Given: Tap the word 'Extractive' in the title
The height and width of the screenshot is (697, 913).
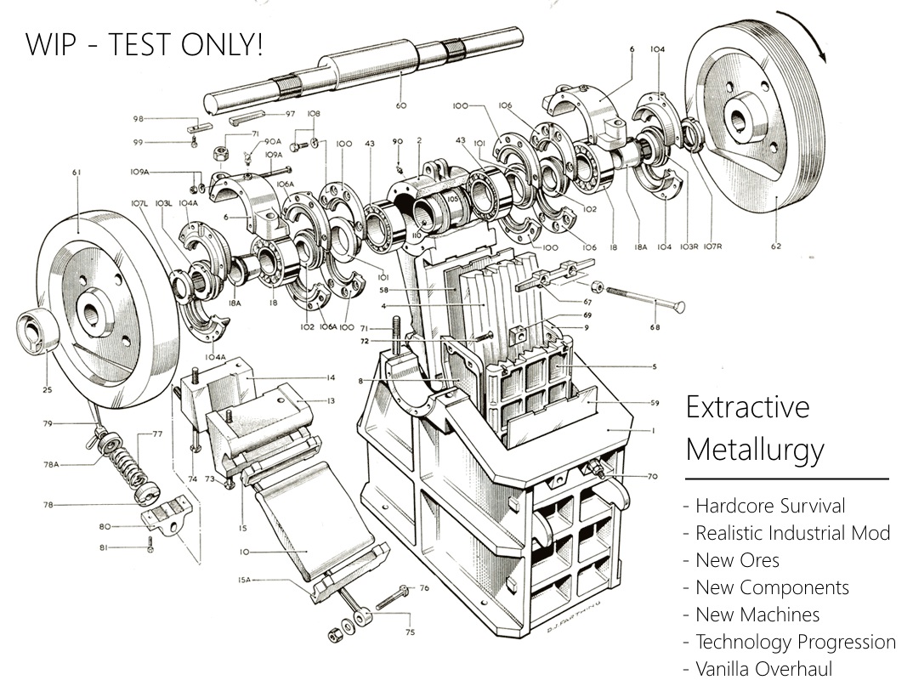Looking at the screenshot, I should pyautogui.click(x=747, y=408).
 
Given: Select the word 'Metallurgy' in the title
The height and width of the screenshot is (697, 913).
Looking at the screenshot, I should pyautogui.click(x=755, y=448).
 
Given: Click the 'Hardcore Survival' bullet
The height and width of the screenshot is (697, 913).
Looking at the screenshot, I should pyautogui.click(x=770, y=507).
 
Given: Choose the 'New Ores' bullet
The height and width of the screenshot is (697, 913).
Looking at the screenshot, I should pyautogui.click(x=737, y=561).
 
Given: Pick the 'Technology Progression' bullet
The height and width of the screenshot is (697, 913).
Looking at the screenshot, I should pyautogui.click(x=796, y=642).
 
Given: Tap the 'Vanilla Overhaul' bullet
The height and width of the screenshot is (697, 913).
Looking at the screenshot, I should pyautogui.click(x=763, y=669).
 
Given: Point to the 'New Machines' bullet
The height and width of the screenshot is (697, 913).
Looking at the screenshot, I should pyautogui.click(x=757, y=615).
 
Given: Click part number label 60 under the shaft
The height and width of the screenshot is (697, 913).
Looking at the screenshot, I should pyautogui.click(x=401, y=106).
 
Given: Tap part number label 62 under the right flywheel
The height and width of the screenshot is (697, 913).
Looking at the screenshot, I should pyautogui.click(x=774, y=247).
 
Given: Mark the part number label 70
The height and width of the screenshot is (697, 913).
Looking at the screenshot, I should pyautogui.click(x=652, y=477).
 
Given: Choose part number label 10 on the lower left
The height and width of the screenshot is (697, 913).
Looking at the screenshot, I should pyautogui.click(x=244, y=552).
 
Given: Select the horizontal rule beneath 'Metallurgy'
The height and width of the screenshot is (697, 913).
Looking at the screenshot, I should pyautogui.click(x=787, y=479).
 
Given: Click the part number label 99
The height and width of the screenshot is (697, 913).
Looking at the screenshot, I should pyautogui.click(x=137, y=142).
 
